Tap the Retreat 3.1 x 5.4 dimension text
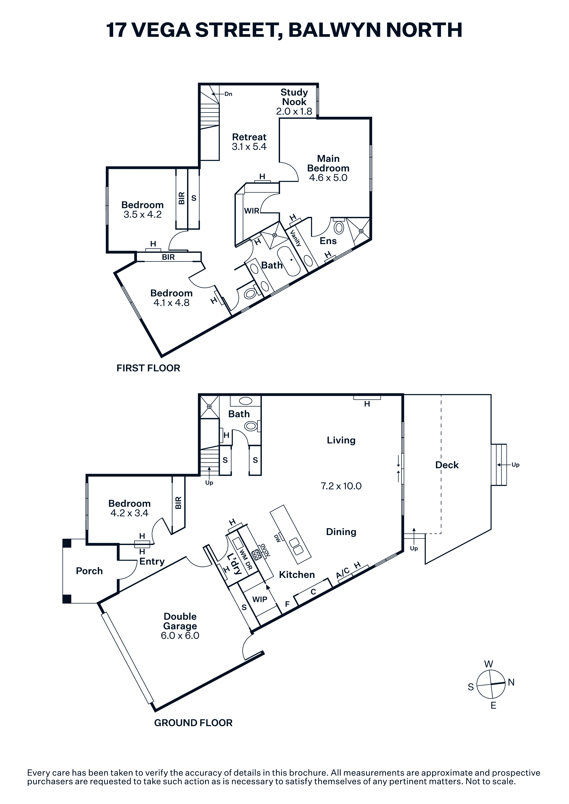coord(249,146)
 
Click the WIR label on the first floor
coord(252,211)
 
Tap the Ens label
coord(328,241)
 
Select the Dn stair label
coord(228,94)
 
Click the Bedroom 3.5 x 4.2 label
coord(142,209)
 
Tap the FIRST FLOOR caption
coord(148,368)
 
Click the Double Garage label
coord(180,621)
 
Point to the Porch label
coord(89,571)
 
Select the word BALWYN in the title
coord(334,30)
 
